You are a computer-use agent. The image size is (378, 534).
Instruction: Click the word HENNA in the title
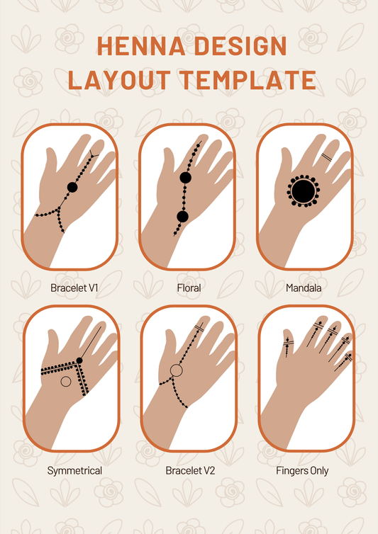tap(141, 45)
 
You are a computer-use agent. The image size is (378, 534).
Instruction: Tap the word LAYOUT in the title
tap(119, 80)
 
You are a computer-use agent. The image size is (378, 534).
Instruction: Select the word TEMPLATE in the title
tap(248, 80)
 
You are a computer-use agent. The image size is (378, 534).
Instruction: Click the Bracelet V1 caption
tap(74, 288)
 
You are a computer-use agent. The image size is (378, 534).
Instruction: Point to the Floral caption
tap(189, 288)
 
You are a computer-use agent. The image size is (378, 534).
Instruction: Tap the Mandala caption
tap(304, 288)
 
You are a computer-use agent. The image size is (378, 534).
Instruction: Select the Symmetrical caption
tap(74, 471)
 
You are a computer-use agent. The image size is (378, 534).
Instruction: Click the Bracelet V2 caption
tap(190, 471)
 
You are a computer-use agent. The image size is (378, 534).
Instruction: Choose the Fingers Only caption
tap(302, 471)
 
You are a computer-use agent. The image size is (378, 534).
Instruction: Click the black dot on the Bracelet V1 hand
tap(72, 187)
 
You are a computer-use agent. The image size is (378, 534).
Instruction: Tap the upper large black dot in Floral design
tap(185, 178)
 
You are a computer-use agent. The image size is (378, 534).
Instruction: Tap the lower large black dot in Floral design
tap(183, 217)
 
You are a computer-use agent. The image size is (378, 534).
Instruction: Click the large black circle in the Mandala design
tap(304, 191)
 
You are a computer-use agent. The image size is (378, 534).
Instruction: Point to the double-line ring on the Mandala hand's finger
tap(327, 157)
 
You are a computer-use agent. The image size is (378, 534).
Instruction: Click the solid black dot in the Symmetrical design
tap(79, 360)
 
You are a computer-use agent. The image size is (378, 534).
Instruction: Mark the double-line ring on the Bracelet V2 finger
tap(199, 329)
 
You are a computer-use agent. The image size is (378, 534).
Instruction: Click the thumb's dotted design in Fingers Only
tap(288, 347)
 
